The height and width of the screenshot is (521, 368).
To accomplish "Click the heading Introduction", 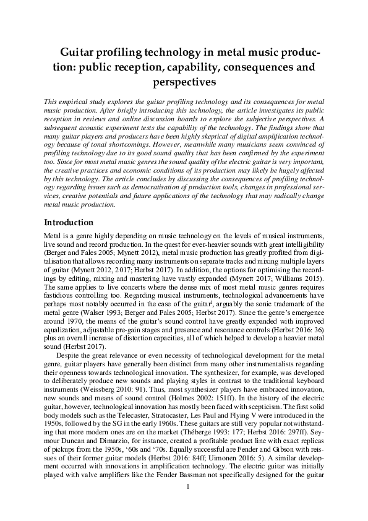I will (69, 222).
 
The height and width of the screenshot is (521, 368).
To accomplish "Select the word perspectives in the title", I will (184, 80).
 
